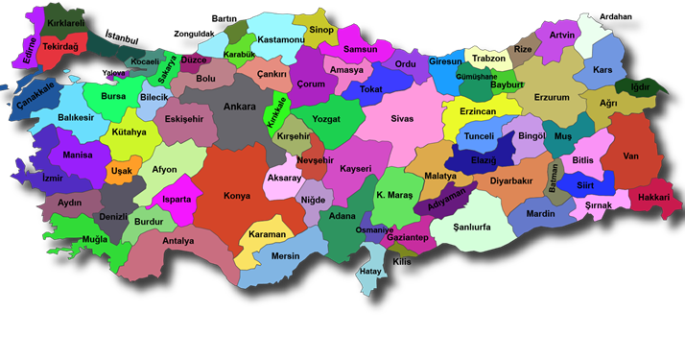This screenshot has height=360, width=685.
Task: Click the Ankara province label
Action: coord(239,108)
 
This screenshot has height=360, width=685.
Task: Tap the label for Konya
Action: coord(237,196)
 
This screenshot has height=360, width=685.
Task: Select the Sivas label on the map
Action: coord(401,120)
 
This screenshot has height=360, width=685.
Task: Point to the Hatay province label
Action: coord(370,272)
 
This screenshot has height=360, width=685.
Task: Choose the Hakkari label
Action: coord(652,196)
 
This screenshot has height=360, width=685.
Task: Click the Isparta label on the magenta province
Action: coord(176,200)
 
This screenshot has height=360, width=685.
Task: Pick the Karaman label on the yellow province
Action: coord(267,234)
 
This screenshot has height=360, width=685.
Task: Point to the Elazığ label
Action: coord(484,160)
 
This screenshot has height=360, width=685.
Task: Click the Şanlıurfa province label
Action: coord(460,228)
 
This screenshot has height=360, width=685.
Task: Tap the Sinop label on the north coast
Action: coord(322,30)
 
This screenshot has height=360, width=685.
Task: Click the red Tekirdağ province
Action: coord(59,45)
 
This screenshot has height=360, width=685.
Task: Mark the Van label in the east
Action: coord(630,156)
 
